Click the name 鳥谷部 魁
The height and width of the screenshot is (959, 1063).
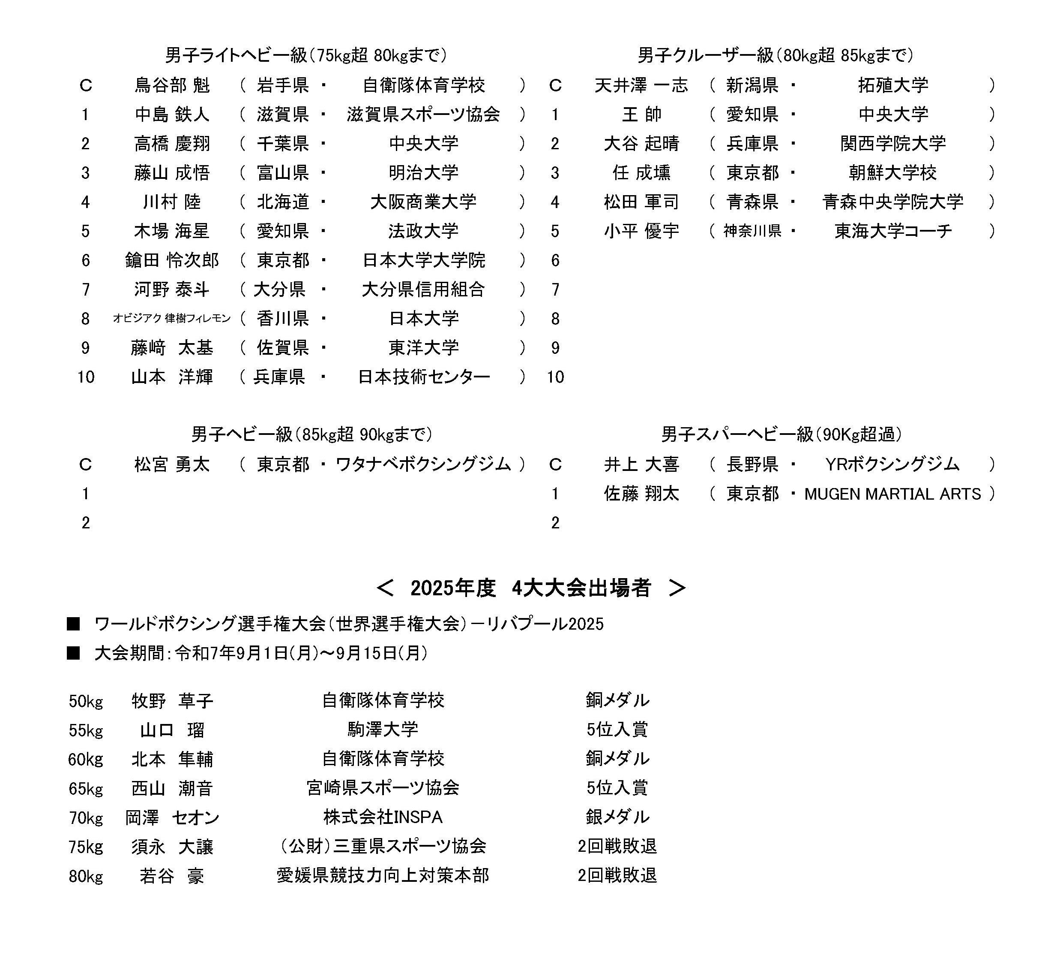point(172,85)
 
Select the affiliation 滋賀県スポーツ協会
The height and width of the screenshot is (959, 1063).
point(423,115)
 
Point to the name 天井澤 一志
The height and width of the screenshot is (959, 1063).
point(641,85)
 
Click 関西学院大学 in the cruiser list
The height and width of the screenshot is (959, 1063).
point(892,143)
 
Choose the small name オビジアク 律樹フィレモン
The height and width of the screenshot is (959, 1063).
point(172,318)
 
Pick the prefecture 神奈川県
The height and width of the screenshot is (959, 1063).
point(752,231)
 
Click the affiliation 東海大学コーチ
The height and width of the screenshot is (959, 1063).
point(893,231)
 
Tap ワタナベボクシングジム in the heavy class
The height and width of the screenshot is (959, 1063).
point(423,464)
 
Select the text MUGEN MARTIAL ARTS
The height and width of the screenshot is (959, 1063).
point(892,494)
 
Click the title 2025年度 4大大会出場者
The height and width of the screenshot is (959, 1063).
point(531,588)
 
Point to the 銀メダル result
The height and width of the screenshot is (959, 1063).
point(617,817)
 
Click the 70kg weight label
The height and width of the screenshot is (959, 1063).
point(86,818)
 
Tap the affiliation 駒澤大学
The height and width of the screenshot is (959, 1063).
point(383,729)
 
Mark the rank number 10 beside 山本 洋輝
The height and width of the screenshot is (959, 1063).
point(85,377)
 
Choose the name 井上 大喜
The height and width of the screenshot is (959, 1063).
point(641,464)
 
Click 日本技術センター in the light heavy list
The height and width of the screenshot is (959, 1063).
point(423,377)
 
